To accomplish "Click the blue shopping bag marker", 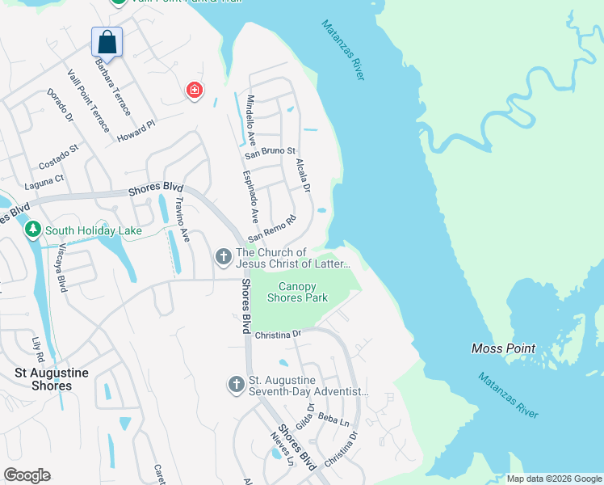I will pyautogui.click(x=107, y=41).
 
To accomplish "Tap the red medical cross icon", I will pyautogui.click(x=194, y=90).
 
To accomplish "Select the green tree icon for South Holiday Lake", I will pyautogui.click(x=32, y=230).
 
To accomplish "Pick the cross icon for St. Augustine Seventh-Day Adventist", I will pyautogui.click(x=236, y=385).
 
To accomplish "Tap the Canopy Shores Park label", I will pyautogui.click(x=303, y=292).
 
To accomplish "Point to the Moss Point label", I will pyautogui.click(x=503, y=348).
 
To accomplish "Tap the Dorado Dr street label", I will pyautogui.click(x=61, y=106).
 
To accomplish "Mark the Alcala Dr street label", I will pyautogui.click(x=303, y=173).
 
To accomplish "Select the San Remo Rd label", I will pyautogui.click(x=272, y=229).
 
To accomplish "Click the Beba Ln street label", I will pyautogui.click(x=333, y=420).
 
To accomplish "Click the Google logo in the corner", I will pyautogui.click(x=27, y=475).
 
